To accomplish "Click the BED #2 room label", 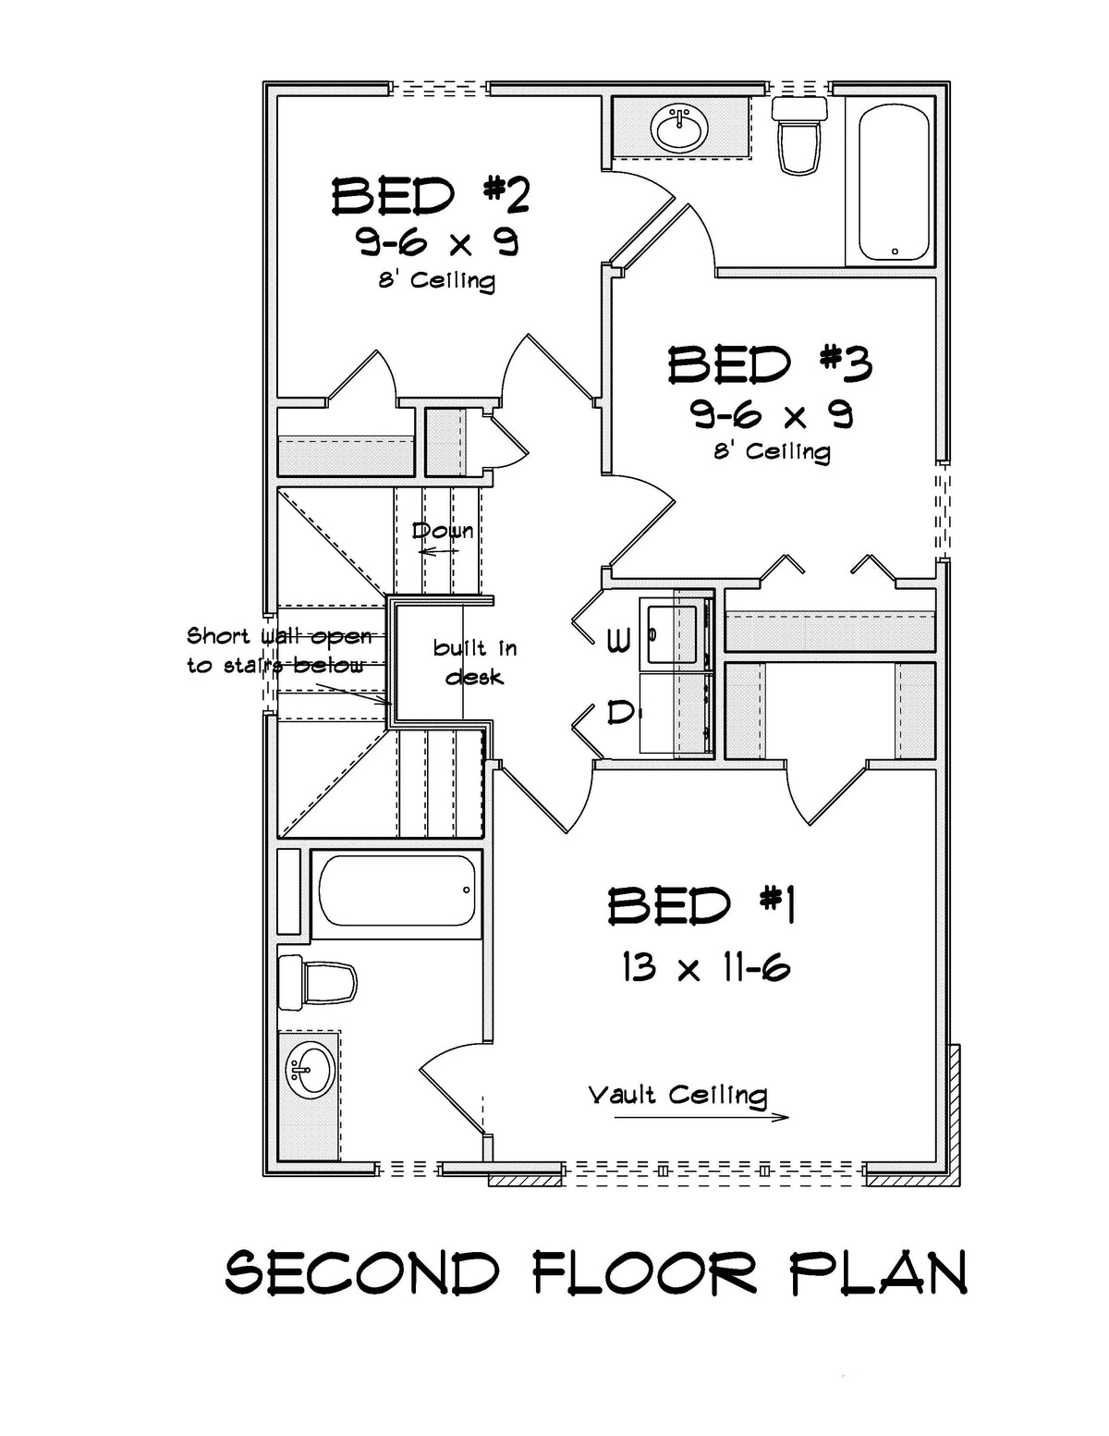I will click(x=431, y=196).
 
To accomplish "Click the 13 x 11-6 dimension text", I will click(x=706, y=968).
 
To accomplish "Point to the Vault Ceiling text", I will click(x=677, y=1095).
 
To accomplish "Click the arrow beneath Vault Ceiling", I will click(x=701, y=1117).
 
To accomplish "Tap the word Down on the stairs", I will click(x=443, y=531).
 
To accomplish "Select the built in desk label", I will click(x=475, y=662).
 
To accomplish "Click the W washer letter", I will click(x=618, y=640).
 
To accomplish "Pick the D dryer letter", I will click(x=619, y=712).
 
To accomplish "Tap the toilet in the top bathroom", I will click(x=799, y=135).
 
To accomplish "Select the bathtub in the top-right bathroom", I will click(x=894, y=184).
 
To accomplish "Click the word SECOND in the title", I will click(x=361, y=1273).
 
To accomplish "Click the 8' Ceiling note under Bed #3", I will click(x=772, y=451).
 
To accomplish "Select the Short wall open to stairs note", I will click(x=279, y=650).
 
